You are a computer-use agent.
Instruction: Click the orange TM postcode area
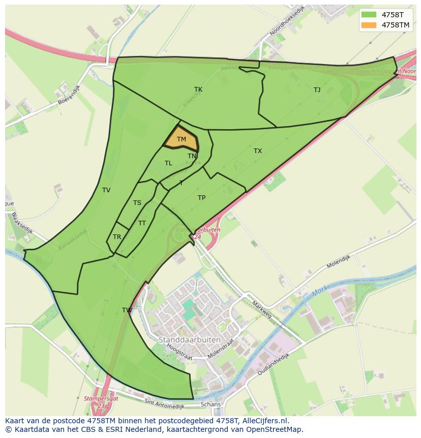(x=182, y=139)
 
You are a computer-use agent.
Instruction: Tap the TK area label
(x=198, y=90)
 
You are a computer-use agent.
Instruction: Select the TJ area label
(x=317, y=90)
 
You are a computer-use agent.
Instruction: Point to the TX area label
(x=258, y=151)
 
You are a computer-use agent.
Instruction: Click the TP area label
(x=201, y=198)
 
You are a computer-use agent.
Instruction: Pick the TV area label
(x=106, y=190)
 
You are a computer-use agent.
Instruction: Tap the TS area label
(x=137, y=203)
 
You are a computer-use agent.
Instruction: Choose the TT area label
(x=142, y=223)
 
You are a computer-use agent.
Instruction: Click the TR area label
(x=117, y=237)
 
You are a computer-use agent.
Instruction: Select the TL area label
(x=168, y=163)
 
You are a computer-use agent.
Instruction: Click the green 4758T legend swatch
(x=369, y=15)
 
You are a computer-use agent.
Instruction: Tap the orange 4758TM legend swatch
(x=369, y=25)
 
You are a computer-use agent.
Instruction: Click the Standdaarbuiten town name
(x=190, y=339)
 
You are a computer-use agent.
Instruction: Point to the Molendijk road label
(x=339, y=261)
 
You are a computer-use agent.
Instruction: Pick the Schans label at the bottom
(x=211, y=404)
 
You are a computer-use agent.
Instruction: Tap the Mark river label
(x=319, y=291)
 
